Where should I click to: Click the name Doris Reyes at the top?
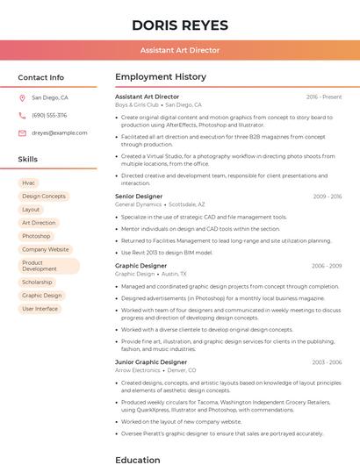pos(179,25)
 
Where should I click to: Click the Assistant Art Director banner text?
pos(179,51)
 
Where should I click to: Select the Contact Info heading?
pos(40,77)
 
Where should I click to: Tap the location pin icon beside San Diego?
pos(22,98)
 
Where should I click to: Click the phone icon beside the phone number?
pos(22,116)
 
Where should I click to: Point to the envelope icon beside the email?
pos(22,133)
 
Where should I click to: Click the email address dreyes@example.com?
pos(60,133)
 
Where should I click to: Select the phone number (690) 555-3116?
pos(49,116)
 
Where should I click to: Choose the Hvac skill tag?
pos(29,183)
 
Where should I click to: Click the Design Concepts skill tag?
pos(44,197)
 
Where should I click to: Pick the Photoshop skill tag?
pos(36,236)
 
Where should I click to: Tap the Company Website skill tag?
pos(46,249)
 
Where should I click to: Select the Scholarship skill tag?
pos(37,283)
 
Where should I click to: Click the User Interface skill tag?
pos(40,309)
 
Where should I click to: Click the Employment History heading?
pos(161,77)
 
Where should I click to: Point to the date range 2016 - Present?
pos(324,97)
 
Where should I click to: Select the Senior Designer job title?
pos(139,197)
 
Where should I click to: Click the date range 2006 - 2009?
pos(327,266)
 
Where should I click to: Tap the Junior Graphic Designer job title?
pos(151,362)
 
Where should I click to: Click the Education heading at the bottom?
pos(138,459)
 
